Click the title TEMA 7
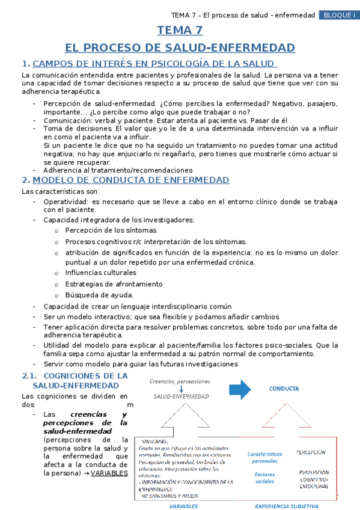pos(180,31)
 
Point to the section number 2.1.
pos(30,375)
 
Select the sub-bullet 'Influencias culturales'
pos(100,272)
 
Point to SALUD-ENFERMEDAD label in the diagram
pos(181,396)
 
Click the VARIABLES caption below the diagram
pos(183,506)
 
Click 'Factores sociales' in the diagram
pos(264,478)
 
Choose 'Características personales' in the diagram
pos(265,458)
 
